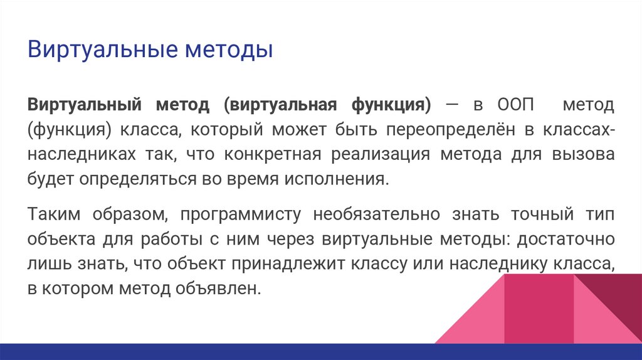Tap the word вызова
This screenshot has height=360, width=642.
pyautogui.click(x=584, y=155)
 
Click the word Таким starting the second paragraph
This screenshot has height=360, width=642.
pyautogui.click(x=52, y=214)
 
